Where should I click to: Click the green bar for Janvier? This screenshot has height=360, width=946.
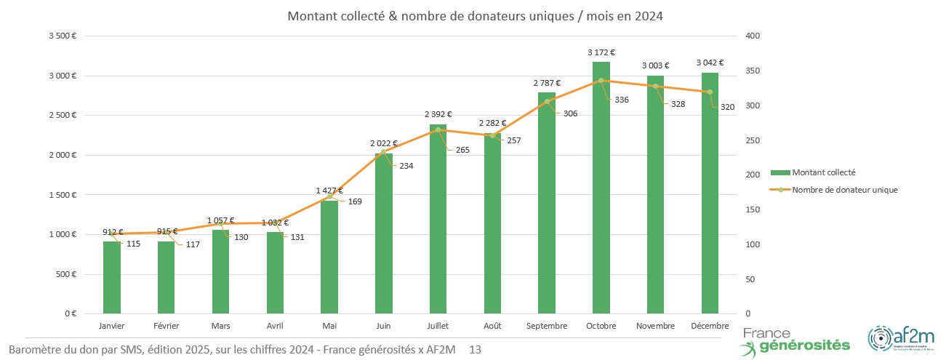112,277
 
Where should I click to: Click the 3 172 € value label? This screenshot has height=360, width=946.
601,52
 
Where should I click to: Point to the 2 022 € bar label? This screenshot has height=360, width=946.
384,143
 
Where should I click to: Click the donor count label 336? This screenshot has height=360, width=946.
622,100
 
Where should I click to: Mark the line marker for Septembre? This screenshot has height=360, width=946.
547,102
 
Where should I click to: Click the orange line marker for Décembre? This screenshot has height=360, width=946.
710,92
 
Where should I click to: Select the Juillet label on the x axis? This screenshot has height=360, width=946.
438,326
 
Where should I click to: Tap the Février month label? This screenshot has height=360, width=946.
167,326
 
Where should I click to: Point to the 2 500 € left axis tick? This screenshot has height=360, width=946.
63,116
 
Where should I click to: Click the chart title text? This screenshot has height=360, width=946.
475,16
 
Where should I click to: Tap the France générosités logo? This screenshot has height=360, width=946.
796,339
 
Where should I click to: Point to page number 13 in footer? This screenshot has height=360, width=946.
475,351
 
